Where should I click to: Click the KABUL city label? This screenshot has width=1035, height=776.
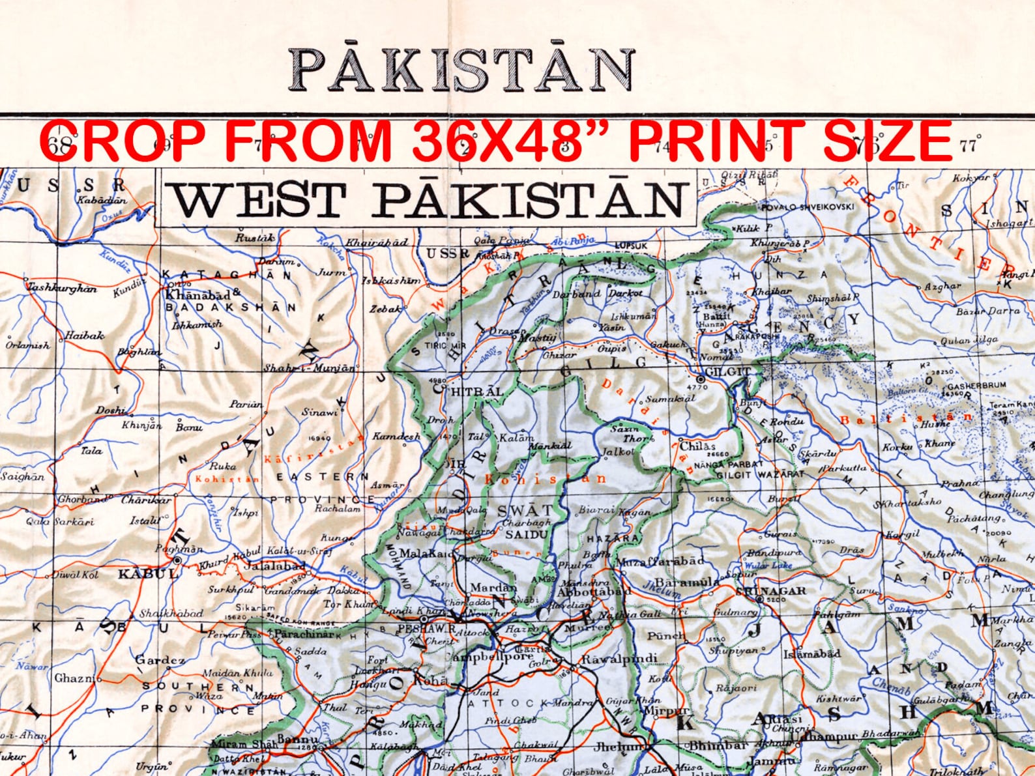click(147, 574)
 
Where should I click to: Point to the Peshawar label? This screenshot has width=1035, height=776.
click(426, 629)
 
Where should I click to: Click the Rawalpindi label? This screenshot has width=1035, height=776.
click(619, 659)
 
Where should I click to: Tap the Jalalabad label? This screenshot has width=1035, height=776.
click(274, 566)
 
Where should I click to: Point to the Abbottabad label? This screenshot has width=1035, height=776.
click(593, 592)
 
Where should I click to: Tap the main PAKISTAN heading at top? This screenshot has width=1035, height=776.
click(462, 69)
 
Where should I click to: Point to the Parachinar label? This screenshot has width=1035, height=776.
click(304, 633)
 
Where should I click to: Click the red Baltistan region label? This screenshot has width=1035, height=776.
click(906, 418)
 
